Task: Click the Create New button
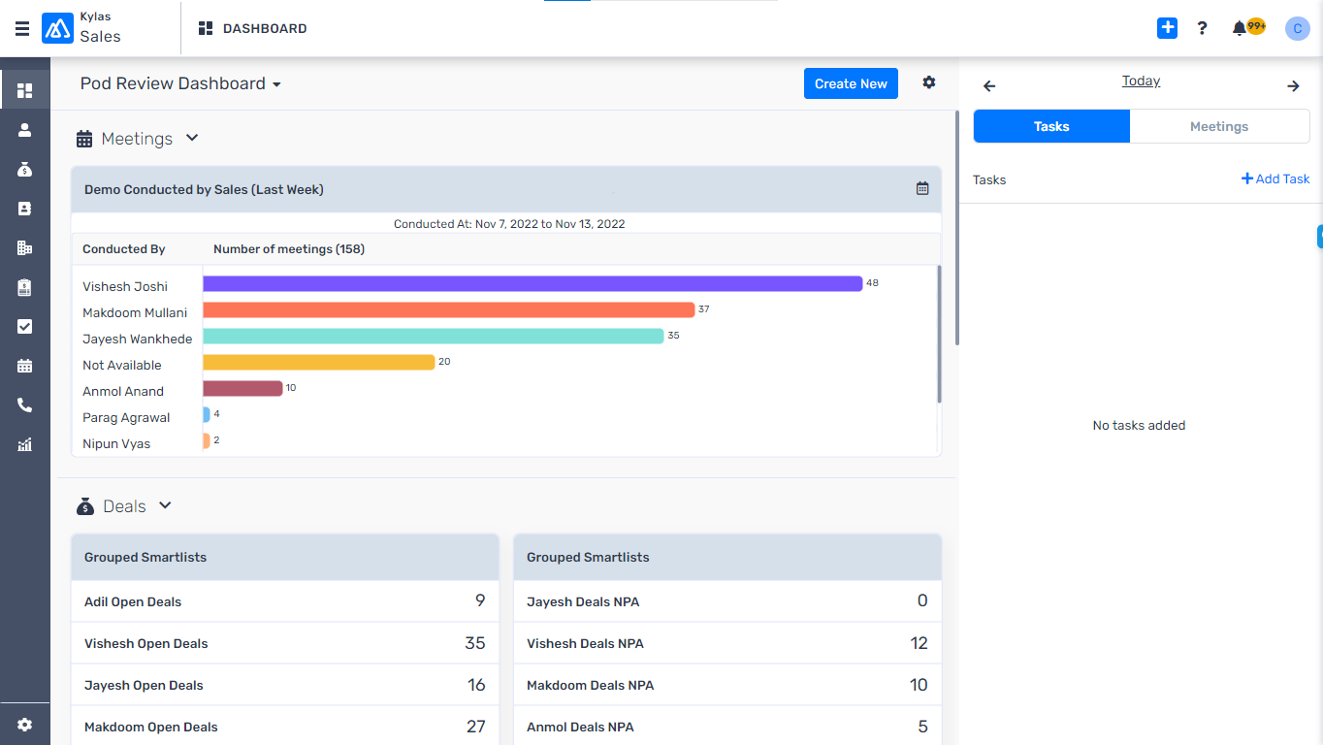click(851, 83)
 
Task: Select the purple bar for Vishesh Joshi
click(532, 283)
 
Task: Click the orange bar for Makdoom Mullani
click(448, 309)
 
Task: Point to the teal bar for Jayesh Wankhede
click(433, 336)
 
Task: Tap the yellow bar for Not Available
click(318, 362)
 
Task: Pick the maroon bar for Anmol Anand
click(242, 388)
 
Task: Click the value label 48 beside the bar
click(872, 283)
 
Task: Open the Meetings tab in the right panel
click(1218, 126)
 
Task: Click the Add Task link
click(1275, 178)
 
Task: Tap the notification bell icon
click(1240, 28)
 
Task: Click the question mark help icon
click(1202, 28)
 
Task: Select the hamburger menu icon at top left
click(22, 28)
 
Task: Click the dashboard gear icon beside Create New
click(928, 82)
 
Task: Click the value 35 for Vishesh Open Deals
click(474, 643)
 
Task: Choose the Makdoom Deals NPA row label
click(590, 685)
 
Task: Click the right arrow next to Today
click(1292, 86)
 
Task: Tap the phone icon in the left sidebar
click(25, 405)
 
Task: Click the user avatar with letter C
click(1297, 28)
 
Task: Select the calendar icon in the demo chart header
click(921, 188)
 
